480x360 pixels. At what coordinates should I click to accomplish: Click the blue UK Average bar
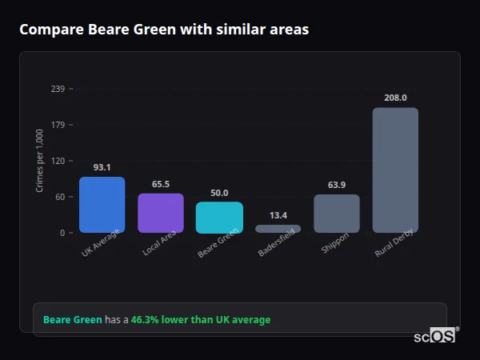point(102,205)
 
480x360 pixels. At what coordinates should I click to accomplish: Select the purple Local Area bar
point(161,213)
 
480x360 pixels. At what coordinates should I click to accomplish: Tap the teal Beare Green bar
point(219,217)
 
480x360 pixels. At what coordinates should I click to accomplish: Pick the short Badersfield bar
point(278,229)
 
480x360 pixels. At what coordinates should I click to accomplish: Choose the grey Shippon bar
point(336,214)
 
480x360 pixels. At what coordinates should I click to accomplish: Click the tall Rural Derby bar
point(395,170)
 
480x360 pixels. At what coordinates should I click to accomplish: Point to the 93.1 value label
point(102,168)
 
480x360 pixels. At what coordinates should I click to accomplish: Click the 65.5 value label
point(161,185)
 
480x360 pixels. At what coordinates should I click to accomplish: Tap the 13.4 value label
point(278,215)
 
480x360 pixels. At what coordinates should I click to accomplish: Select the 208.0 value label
point(395,98)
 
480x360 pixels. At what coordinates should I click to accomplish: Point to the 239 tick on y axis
point(58,89)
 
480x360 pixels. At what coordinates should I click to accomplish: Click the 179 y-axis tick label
point(58,125)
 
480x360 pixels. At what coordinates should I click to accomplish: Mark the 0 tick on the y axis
point(62,233)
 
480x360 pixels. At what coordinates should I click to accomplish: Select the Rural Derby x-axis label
point(394,242)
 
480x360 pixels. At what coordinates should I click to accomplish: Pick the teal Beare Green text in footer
point(72,320)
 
